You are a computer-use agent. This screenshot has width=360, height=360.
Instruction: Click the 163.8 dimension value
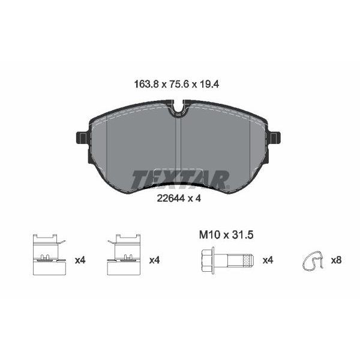[x=146, y=84]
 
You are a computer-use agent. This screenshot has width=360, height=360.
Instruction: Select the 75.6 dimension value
[x=179, y=84]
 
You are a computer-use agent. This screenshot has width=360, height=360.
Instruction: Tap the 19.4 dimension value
[x=209, y=84]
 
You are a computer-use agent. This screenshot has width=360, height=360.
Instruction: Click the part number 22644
[x=171, y=198]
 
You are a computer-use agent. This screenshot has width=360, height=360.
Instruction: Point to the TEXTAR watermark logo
[x=180, y=179]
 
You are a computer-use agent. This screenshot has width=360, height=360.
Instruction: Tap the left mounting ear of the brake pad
[x=82, y=138]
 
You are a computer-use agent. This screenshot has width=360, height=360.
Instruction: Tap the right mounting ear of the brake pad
[x=275, y=138]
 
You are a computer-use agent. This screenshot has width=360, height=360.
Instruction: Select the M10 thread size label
[x=209, y=235]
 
